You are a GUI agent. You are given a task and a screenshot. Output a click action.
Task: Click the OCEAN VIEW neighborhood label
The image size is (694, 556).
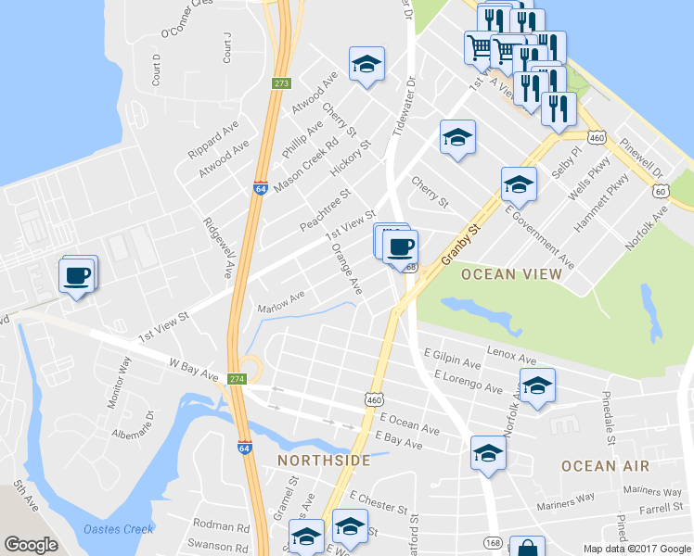(x=511, y=274)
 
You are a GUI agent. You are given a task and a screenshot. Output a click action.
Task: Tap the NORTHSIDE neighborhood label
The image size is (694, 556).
(x=324, y=461)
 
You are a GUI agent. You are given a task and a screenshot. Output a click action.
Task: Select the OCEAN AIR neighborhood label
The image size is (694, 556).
(x=605, y=466)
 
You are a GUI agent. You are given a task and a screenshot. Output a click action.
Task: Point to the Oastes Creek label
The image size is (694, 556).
(x=118, y=529)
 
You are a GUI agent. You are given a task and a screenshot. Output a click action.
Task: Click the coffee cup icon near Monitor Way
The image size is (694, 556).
(x=76, y=274)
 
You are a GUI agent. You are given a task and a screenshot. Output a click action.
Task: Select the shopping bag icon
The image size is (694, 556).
(x=527, y=547)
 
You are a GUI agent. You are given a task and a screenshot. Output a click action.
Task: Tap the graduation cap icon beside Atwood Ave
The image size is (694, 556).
(x=366, y=65)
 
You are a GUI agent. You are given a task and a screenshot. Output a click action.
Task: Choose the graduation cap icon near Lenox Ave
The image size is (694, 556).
(x=536, y=385)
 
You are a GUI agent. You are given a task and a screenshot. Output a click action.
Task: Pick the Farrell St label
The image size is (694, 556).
(x=661, y=508)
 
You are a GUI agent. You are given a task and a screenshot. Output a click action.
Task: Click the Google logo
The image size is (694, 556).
(x=32, y=545)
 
